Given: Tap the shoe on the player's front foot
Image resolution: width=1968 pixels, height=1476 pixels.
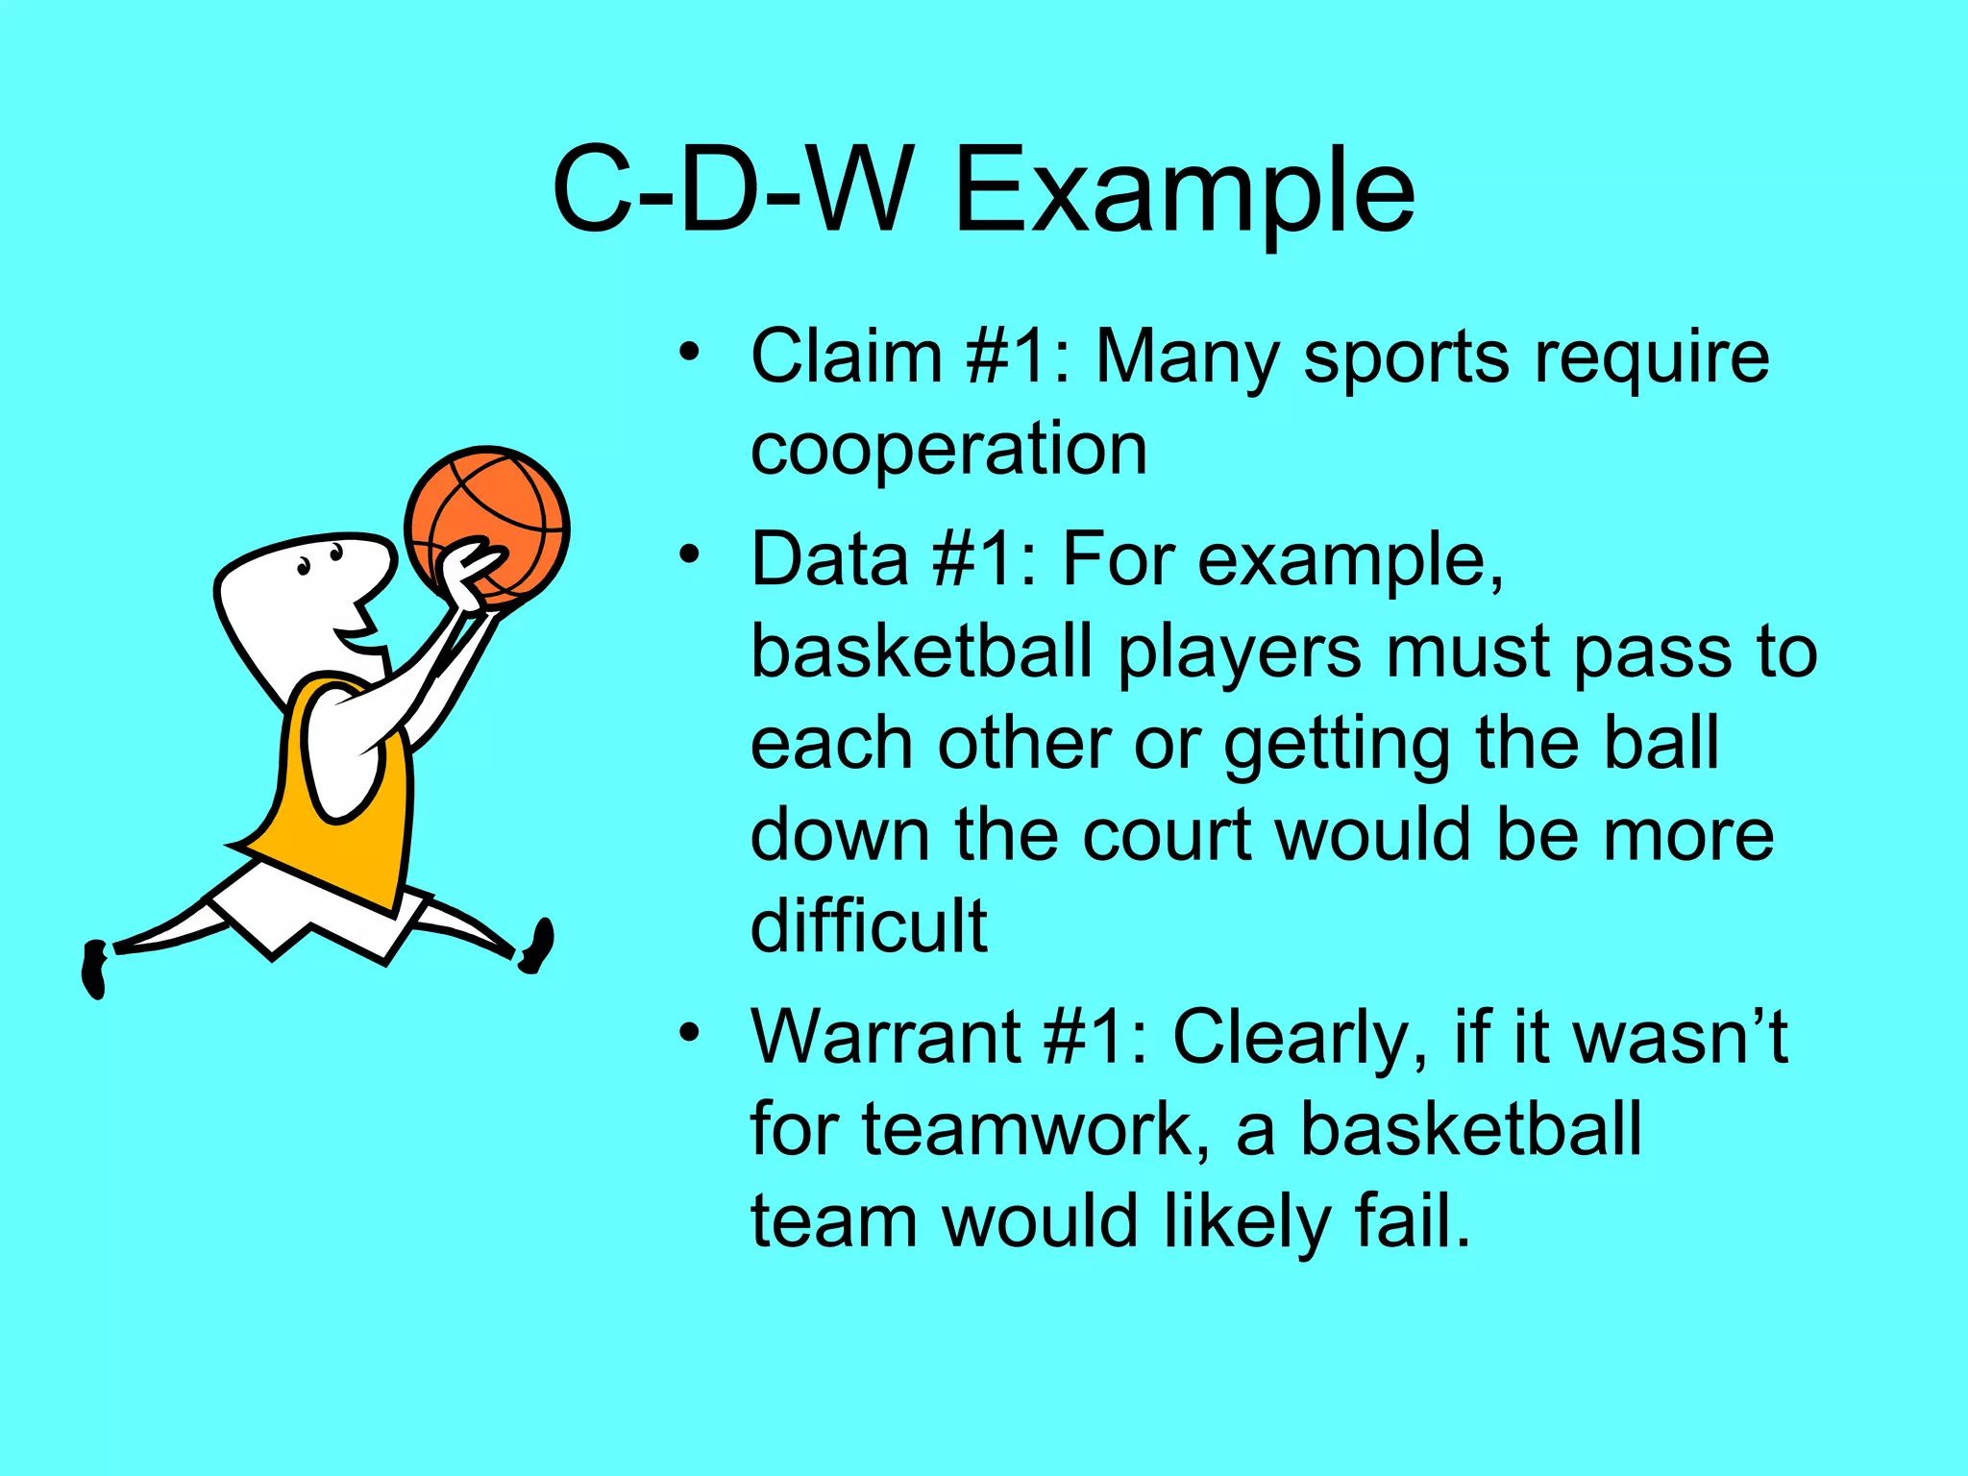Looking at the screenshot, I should pos(539,946).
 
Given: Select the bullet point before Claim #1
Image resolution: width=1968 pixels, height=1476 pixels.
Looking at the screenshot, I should pos(688,354).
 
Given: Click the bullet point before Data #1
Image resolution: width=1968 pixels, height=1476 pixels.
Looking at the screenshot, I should pos(688,554).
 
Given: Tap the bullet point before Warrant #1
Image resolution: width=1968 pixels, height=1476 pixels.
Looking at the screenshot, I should pos(688,1033).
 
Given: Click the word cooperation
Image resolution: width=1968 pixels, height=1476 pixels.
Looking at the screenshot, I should pos(948,449).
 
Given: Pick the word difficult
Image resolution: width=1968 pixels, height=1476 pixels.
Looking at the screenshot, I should pos(869,925).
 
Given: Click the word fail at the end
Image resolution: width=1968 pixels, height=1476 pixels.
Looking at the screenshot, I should pos(1412,1220).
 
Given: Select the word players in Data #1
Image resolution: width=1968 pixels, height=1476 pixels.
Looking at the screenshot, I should pos(1240,652).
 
